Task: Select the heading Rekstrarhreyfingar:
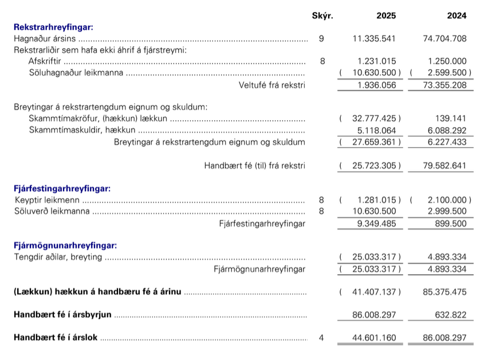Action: (x=53, y=27)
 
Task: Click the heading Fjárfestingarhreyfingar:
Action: (x=62, y=188)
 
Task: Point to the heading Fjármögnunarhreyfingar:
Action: (x=65, y=246)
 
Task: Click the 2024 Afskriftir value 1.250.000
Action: (x=447, y=61)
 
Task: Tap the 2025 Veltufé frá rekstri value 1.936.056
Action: (x=376, y=85)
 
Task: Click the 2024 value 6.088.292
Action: (x=447, y=130)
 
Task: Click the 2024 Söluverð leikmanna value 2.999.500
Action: (x=447, y=212)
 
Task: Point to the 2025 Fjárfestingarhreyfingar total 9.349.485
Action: (x=376, y=223)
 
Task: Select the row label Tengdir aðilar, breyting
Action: (x=58, y=258)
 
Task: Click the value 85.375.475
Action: (x=444, y=292)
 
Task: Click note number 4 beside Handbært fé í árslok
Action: (x=321, y=338)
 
